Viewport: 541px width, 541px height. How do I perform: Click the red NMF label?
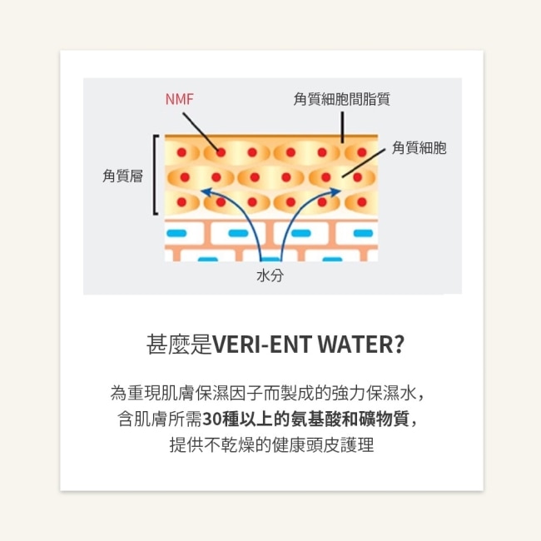point(180,99)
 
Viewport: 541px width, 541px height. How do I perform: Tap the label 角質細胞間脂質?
point(341,99)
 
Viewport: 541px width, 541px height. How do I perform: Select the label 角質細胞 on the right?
point(419,147)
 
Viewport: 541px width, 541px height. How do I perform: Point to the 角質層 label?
point(123,176)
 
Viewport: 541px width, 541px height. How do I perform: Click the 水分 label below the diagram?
point(270,275)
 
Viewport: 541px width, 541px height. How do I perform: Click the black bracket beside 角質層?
point(156,175)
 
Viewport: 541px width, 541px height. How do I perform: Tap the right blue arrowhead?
point(335,191)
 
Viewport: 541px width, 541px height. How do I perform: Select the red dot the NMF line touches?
point(221,152)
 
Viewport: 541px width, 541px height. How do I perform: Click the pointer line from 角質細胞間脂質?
point(343,127)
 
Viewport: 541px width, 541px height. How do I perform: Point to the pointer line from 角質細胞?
point(364,163)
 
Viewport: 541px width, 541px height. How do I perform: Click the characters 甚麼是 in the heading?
point(179,344)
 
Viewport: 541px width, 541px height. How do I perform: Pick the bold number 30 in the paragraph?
point(211,419)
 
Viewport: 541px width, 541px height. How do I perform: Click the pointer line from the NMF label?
point(201,132)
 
